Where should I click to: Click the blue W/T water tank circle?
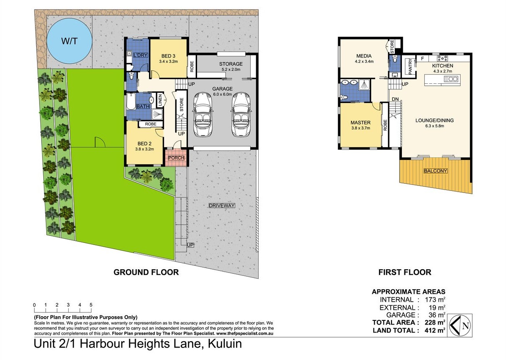pyautogui.click(x=70, y=41)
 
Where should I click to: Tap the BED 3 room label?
pyautogui.click(x=168, y=56)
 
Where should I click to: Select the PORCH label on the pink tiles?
pyautogui.click(x=176, y=158)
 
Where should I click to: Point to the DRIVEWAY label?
pyautogui.click(x=222, y=205)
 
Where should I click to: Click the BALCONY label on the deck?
pyautogui.click(x=435, y=171)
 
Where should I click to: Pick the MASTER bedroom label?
pyautogui.click(x=361, y=123)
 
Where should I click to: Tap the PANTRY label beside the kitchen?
pyautogui.click(x=410, y=66)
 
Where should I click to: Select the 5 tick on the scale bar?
pyautogui.click(x=91, y=305)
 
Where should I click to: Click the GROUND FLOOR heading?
pyautogui.click(x=146, y=272)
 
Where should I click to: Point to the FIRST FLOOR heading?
pyautogui.click(x=405, y=272)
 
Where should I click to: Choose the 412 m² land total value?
pyautogui.click(x=435, y=330)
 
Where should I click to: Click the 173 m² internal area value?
pyautogui.click(x=435, y=300)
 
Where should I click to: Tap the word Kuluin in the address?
pyautogui.click(x=225, y=344)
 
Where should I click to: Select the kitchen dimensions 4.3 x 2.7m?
pyautogui.click(x=443, y=71)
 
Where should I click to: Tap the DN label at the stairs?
pyautogui.click(x=395, y=99)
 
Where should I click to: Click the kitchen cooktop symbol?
pyautogui.click(x=442, y=58)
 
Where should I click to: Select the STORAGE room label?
pyautogui.click(x=231, y=64)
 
